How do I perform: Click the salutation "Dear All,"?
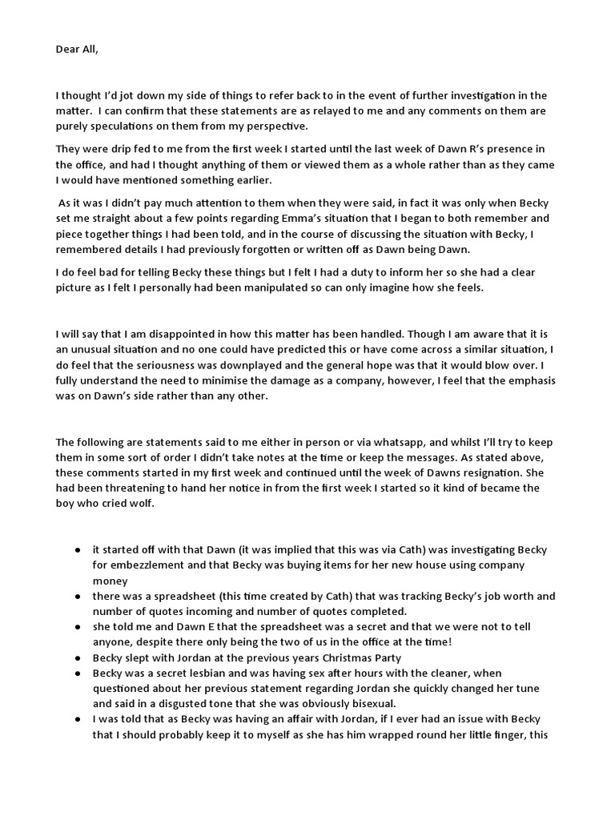point(80,50)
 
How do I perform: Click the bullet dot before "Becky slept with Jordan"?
point(77,657)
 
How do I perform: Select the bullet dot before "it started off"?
point(77,550)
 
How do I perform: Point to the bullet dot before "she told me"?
point(77,627)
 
